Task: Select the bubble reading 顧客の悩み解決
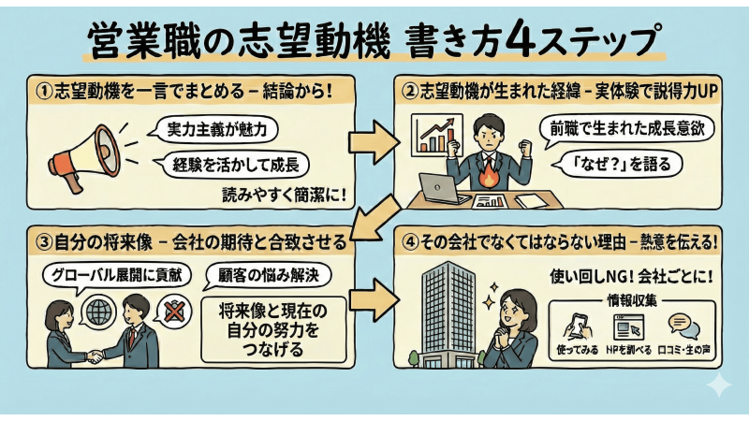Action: coord(271,275)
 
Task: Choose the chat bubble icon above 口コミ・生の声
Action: coord(681,325)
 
